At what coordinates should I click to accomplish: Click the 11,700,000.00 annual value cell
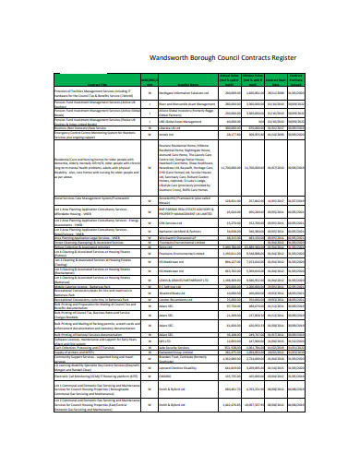pyautogui.click(x=234, y=167)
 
